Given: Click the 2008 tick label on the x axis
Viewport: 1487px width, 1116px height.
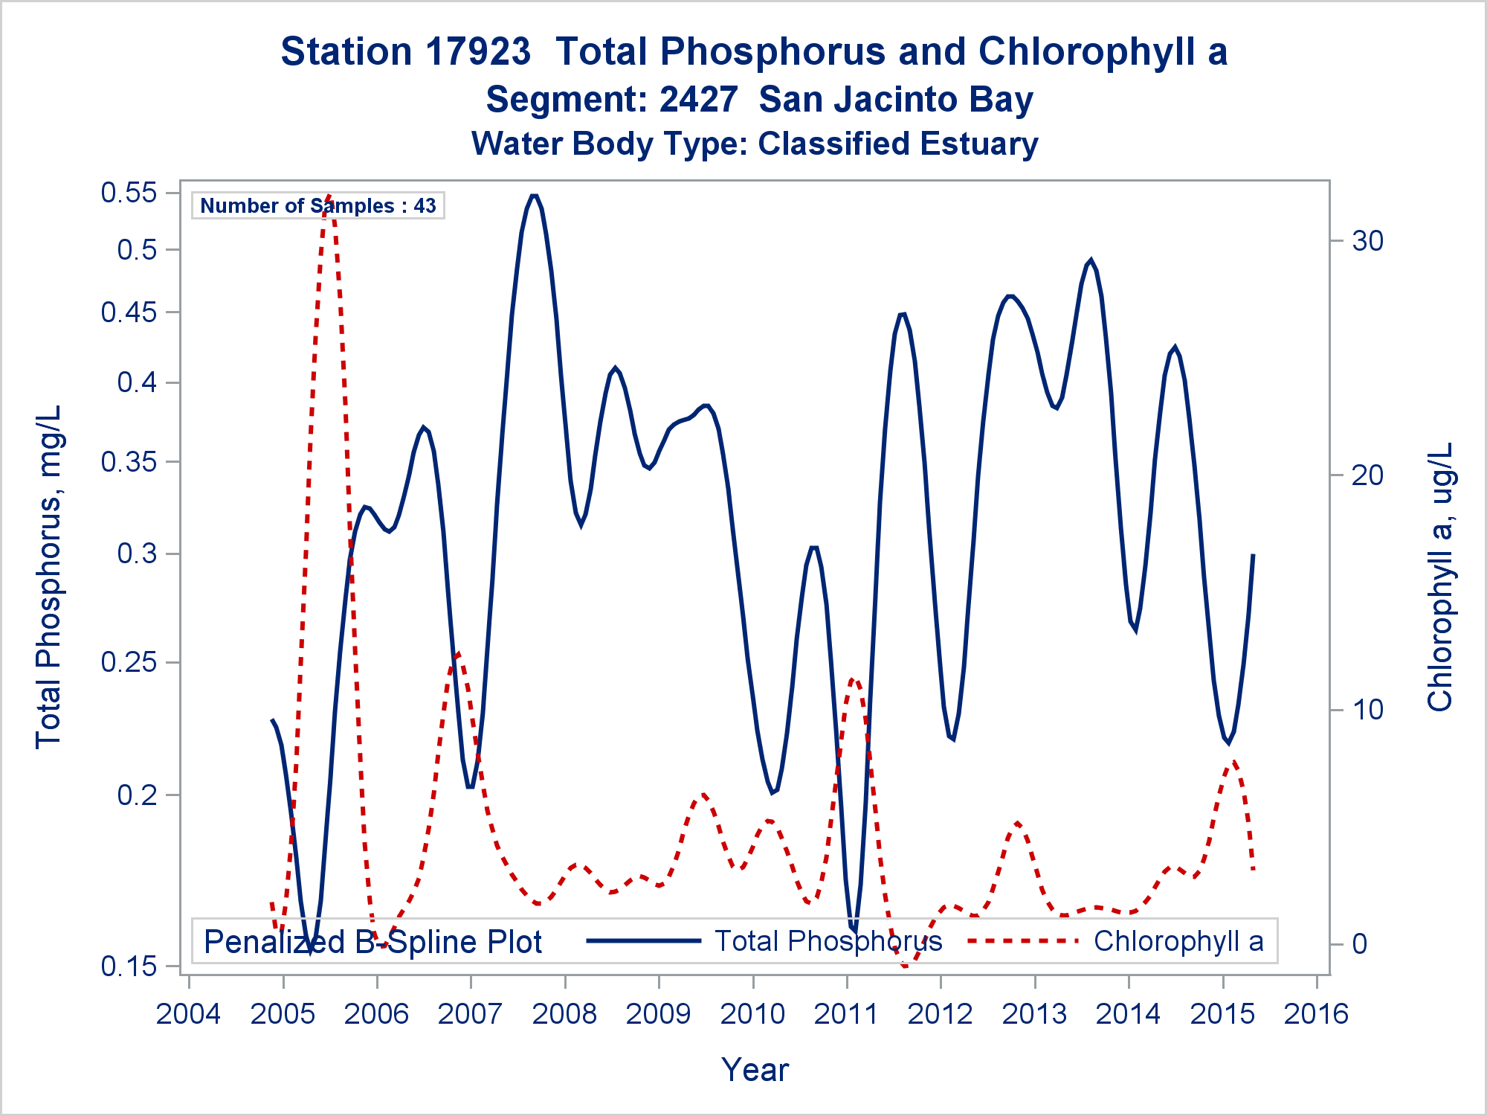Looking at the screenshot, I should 564,1014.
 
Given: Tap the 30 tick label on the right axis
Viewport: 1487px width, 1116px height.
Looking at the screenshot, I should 1367,241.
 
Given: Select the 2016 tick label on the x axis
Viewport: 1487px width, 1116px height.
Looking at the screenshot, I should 1316,1014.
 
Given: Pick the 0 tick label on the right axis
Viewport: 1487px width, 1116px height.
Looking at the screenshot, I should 1359,943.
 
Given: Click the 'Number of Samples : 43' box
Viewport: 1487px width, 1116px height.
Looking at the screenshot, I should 318,205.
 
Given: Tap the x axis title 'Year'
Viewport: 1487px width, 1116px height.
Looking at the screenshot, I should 755,1070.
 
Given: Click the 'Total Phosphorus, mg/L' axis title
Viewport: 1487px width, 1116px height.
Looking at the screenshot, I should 48,577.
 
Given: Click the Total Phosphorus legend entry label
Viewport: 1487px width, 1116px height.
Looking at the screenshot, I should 828,941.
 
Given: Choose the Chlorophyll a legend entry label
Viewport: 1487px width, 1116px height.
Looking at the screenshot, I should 1178,941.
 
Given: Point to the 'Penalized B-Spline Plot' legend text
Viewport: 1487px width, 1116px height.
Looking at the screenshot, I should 372,942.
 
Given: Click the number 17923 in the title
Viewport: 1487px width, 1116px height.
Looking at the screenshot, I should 478,52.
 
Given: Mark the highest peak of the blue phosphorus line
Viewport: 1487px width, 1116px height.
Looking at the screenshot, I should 533,195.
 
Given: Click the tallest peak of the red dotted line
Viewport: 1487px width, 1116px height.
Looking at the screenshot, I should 328,197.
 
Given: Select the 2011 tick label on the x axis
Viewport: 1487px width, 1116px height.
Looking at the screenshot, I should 846,1014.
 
